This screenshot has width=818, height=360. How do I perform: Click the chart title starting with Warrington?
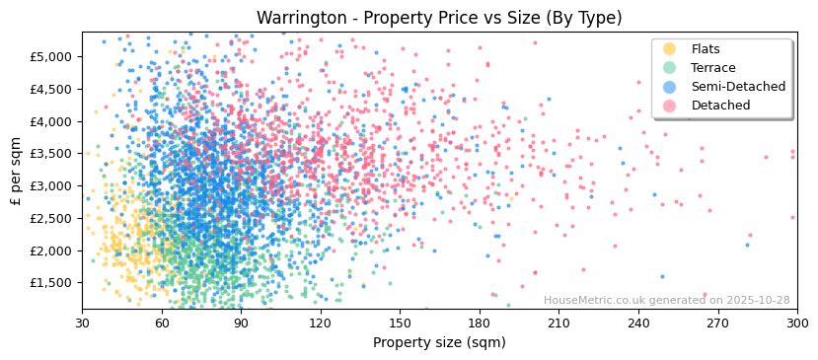[439, 18]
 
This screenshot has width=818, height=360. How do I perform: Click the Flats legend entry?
[706, 49]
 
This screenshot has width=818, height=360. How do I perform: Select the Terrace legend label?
[712, 68]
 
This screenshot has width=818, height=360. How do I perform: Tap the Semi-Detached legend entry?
[738, 87]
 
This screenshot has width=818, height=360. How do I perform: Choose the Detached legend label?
[720, 106]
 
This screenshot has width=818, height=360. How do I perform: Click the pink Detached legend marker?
[669, 106]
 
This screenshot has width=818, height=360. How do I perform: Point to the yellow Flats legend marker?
[669, 49]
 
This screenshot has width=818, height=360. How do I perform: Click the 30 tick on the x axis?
[82, 323]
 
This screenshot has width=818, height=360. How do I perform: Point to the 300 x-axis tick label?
[796, 323]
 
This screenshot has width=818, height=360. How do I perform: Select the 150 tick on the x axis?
[400, 323]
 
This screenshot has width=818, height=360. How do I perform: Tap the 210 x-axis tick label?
[558, 323]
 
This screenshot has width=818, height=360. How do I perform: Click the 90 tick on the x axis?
[241, 323]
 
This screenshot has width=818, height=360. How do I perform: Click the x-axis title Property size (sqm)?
[439, 343]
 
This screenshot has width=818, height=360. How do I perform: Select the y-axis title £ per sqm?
[16, 171]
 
